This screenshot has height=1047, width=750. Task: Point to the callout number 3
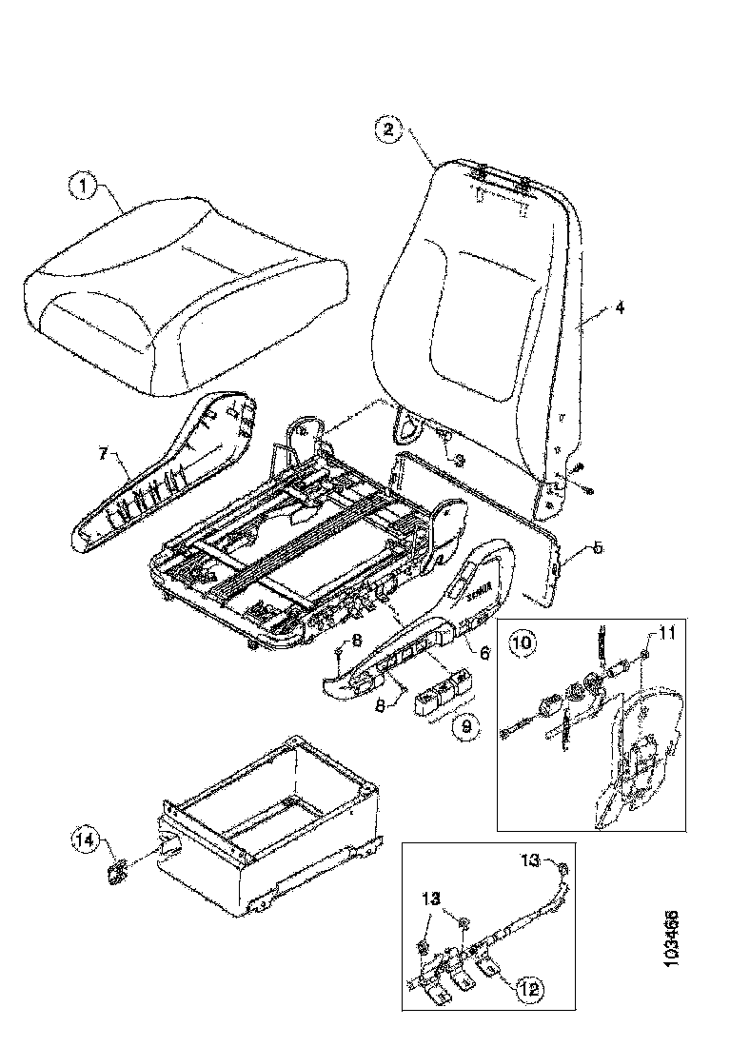[461, 459]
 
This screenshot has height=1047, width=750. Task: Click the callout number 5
[597, 548]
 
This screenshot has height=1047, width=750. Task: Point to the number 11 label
[663, 632]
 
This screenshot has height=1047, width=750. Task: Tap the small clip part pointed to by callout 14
[119, 871]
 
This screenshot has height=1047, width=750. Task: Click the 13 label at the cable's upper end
[531, 861]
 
